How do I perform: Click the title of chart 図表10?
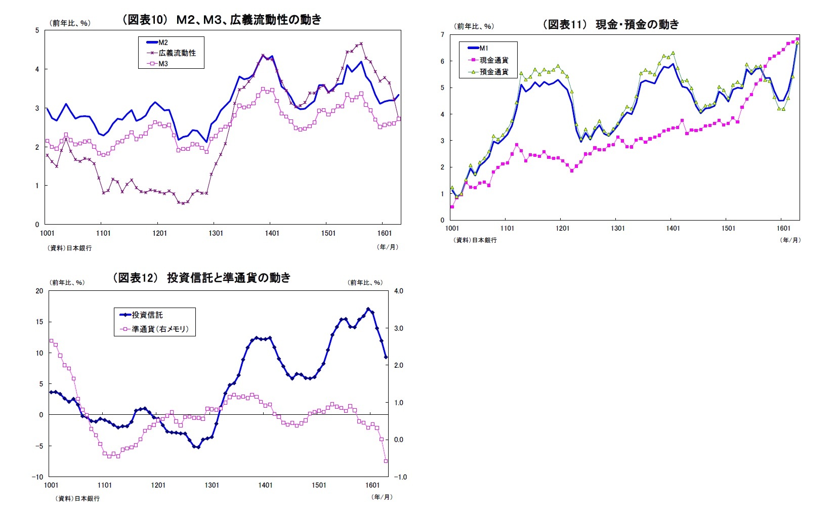click(x=221, y=20)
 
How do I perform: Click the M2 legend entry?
click(x=162, y=42)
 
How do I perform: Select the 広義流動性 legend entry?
click(x=177, y=53)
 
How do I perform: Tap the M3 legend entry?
click(x=162, y=64)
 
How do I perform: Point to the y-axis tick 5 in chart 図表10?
click(x=37, y=30)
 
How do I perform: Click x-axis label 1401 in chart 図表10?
click(x=272, y=233)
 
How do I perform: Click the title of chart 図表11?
click(x=611, y=24)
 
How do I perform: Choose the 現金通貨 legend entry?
click(x=493, y=60)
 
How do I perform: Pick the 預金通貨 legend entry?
click(x=493, y=72)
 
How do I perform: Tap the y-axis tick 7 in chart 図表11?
click(x=442, y=35)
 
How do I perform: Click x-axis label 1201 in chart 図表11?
click(x=562, y=228)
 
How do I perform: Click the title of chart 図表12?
click(x=202, y=277)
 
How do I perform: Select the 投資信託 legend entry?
click(x=147, y=315)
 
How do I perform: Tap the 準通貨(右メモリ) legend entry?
click(x=159, y=329)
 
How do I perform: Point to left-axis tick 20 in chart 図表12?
click(x=39, y=291)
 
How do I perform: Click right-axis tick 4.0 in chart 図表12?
click(x=399, y=291)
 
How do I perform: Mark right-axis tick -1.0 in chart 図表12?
click(x=400, y=477)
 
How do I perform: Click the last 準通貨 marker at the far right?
click(x=386, y=461)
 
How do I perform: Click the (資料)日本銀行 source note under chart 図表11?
click(x=476, y=240)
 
